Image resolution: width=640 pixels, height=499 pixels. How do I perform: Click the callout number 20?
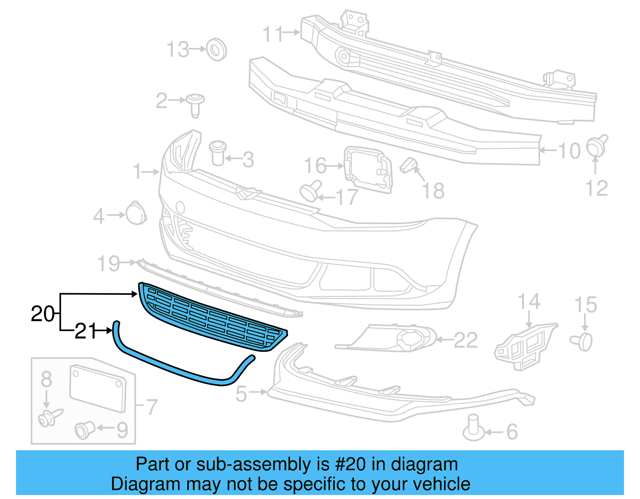42,314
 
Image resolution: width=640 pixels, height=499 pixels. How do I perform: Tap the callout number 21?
86,331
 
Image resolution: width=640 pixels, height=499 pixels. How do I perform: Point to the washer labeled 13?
216,50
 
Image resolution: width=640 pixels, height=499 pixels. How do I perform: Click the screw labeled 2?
195,104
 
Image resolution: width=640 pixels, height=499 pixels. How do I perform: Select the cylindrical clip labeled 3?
218,153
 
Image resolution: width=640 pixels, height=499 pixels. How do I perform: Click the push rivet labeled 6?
474,428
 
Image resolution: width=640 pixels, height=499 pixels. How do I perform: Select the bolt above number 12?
597,146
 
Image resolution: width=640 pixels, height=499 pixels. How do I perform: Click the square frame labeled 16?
368,169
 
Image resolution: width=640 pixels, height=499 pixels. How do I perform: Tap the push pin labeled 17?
310,191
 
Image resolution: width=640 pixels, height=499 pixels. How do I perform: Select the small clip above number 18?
408,165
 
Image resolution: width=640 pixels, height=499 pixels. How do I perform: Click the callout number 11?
274,34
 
